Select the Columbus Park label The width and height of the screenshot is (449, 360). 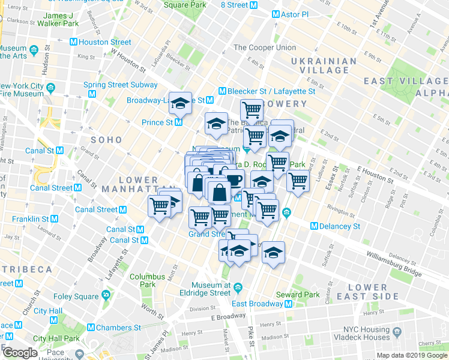[147, 281]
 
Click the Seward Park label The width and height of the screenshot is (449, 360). [298, 295]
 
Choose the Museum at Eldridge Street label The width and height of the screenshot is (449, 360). [211, 289]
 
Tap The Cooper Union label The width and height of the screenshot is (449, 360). [264, 47]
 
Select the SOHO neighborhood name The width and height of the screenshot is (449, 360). [106, 139]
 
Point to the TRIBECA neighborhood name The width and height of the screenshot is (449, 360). [26, 268]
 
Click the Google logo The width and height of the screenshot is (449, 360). [20, 352]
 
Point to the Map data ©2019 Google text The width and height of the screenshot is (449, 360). [411, 355]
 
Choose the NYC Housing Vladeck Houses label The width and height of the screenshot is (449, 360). [367, 333]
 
